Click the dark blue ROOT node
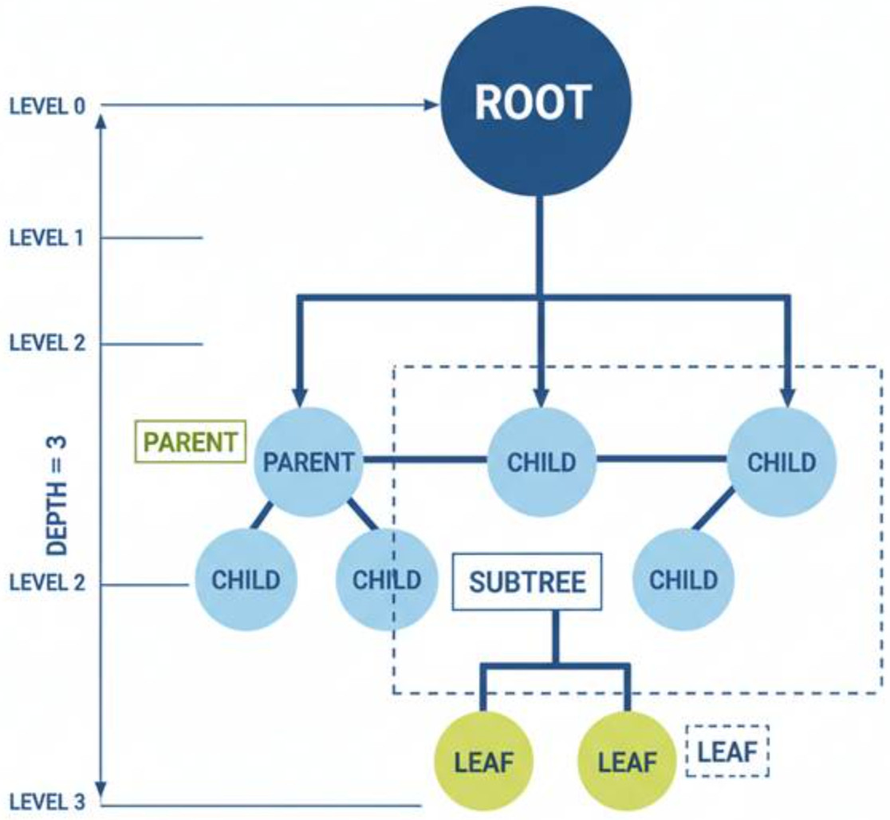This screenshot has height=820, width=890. click(x=536, y=102)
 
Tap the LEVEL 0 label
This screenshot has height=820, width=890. click(x=47, y=106)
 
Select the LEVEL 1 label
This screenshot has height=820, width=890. click(x=47, y=238)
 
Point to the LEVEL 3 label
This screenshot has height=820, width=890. click(x=47, y=801)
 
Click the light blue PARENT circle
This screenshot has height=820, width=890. click(x=308, y=461)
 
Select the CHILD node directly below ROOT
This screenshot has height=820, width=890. click(x=541, y=462)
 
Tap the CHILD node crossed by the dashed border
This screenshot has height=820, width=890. click(x=387, y=578)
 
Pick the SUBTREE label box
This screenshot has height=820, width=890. click(x=526, y=581)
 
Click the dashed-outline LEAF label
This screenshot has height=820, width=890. click(x=727, y=751)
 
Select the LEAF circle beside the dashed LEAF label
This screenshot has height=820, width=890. click(x=626, y=761)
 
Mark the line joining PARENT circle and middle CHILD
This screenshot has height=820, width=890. click(x=424, y=460)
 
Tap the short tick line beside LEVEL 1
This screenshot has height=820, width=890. click(x=152, y=238)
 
